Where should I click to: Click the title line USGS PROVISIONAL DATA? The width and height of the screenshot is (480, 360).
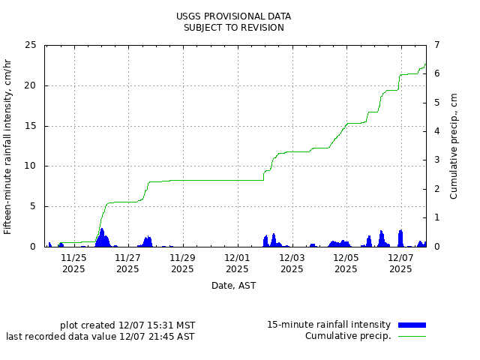233,16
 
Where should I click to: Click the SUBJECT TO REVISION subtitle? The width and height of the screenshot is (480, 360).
233,28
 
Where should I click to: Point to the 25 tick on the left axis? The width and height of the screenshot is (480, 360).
30,45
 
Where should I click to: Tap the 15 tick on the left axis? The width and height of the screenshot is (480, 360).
30,126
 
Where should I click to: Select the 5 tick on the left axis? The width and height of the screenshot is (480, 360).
33,206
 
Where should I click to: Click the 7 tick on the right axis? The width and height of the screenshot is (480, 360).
433,45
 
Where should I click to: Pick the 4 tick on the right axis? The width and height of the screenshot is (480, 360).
433,131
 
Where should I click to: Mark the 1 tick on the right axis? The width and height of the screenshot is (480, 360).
433,217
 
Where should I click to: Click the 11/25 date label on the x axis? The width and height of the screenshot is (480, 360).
73,258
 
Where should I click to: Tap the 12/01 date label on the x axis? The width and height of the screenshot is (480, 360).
237,258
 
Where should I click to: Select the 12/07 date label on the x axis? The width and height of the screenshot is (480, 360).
400,258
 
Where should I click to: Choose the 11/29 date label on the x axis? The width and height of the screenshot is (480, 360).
182,258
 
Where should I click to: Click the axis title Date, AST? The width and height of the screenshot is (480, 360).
233,286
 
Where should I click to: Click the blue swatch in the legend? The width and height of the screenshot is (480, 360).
412,325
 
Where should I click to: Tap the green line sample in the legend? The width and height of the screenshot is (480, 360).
412,336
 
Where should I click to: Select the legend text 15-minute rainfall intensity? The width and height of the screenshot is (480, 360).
328,325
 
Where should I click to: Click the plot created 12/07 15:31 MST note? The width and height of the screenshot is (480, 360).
127,325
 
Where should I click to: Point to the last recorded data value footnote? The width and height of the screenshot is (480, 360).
100,337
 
